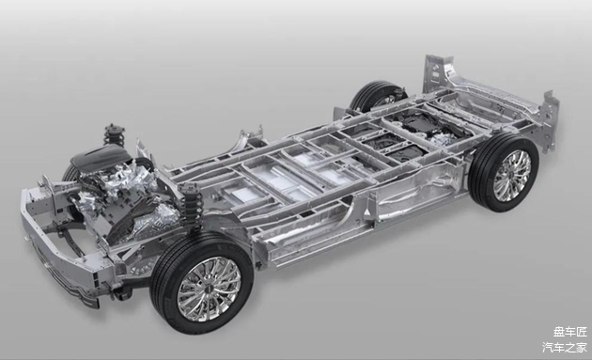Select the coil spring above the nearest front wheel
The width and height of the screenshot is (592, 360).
(x=192, y=204)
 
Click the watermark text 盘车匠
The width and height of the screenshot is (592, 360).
(x=570, y=332)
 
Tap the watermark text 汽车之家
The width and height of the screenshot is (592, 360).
(x=565, y=347)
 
